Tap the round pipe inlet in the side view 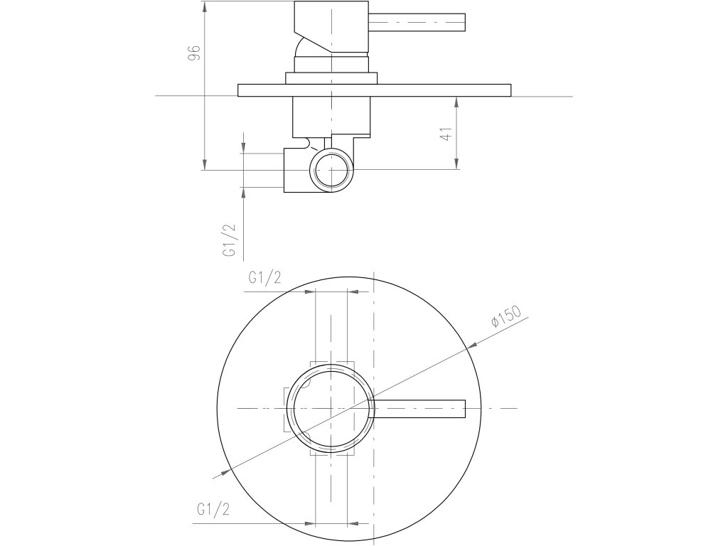pos(332,171)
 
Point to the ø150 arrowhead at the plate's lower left pos(226,471)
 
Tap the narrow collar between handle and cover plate pos(332,78)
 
